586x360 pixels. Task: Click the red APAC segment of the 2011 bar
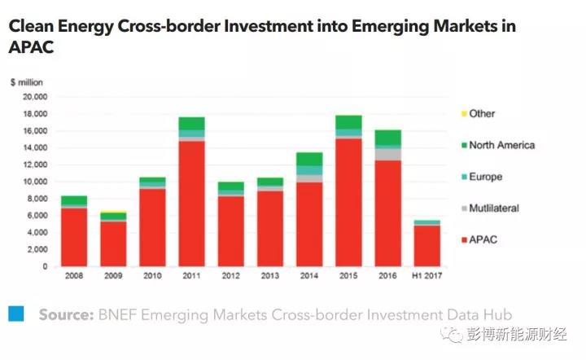pyautogui.click(x=192, y=204)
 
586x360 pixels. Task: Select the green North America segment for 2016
pyautogui.click(x=387, y=138)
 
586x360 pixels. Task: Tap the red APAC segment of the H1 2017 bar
pyautogui.click(x=426, y=246)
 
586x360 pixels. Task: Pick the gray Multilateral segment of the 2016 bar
pyautogui.click(x=387, y=155)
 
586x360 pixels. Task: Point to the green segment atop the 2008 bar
pyautogui.click(x=74, y=200)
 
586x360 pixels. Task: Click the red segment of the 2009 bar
pyautogui.click(x=113, y=244)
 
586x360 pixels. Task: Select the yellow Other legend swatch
pyautogui.click(x=463, y=114)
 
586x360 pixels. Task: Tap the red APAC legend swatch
pyautogui.click(x=463, y=240)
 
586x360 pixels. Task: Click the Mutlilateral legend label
pyautogui.click(x=493, y=209)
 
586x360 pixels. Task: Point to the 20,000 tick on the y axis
pyautogui.click(x=37, y=97)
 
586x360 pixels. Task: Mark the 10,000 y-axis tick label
pyautogui.click(x=37, y=182)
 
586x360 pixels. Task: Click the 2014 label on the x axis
pyautogui.click(x=309, y=275)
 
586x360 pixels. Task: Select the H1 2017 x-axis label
pyautogui.click(x=426, y=275)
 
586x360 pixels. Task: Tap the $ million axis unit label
pyautogui.click(x=27, y=82)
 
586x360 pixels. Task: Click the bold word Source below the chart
pyautogui.click(x=65, y=314)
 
